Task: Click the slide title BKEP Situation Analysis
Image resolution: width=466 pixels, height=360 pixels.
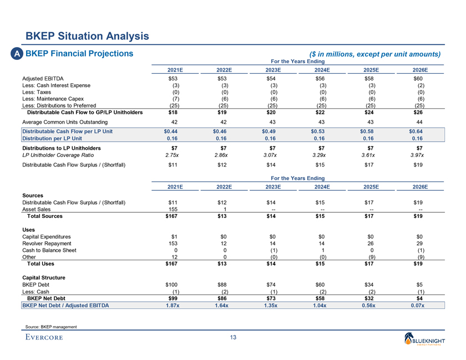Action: (x=87, y=37)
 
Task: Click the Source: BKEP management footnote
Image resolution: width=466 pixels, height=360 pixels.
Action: (x=50, y=327)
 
